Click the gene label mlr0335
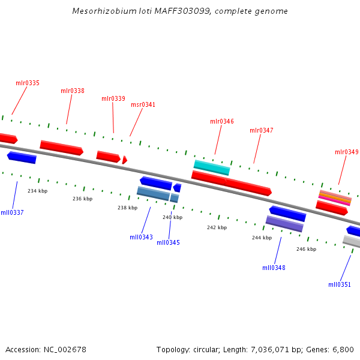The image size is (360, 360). pyautogui.click(x=28, y=83)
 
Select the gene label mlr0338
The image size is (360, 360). pyautogui.click(x=73, y=91)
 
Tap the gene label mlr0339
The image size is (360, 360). pyautogui.click(x=113, y=98)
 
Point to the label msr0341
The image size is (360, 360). pyautogui.click(x=143, y=104)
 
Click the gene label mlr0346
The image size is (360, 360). pyautogui.click(x=222, y=121)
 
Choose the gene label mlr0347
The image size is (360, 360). pyautogui.click(x=262, y=130)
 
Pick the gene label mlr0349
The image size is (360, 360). pyautogui.click(x=347, y=152)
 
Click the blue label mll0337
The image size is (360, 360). pyautogui.click(x=12, y=212)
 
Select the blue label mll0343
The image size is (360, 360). pyautogui.click(x=142, y=237)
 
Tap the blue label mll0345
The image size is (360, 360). pyautogui.click(x=169, y=242)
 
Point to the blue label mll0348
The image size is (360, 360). pyautogui.click(x=274, y=268)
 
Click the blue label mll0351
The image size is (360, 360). pyautogui.click(x=340, y=284)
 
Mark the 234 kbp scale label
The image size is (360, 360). pyautogui.click(x=37, y=191)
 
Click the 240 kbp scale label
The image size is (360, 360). pyautogui.click(x=172, y=217)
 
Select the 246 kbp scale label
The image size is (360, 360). pyautogui.click(x=306, y=248)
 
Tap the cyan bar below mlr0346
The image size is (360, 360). pyautogui.click(x=212, y=167)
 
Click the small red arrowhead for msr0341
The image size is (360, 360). pyautogui.click(x=124, y=160)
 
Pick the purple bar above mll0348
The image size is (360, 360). pyautogui.click(x=284, y=224)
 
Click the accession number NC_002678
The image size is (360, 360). pyautogui.click(x=62, y=349)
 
